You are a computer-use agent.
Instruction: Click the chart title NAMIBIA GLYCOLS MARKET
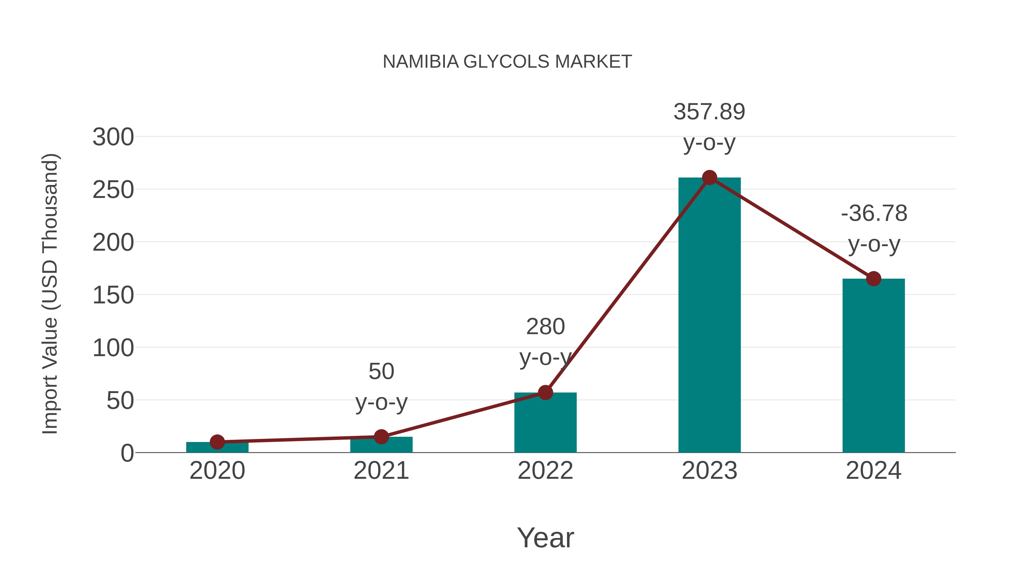[507, 62]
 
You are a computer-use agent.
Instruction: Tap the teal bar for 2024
[873, 367]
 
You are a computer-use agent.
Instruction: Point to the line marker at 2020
[217, 442]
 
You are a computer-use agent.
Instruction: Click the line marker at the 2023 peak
[709, 178]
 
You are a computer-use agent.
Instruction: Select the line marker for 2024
[873, 279]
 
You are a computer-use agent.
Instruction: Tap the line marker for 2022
[545, 393]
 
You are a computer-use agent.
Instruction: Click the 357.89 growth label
[709, 112]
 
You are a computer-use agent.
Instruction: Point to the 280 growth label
[545, 327]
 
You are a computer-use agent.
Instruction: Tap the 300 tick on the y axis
[113, 138]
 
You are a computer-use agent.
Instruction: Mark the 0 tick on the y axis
[127, 453]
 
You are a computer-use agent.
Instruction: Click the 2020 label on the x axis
[217, 471]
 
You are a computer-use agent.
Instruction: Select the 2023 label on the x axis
[709, 471]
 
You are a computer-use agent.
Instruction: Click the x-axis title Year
[545, 538]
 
